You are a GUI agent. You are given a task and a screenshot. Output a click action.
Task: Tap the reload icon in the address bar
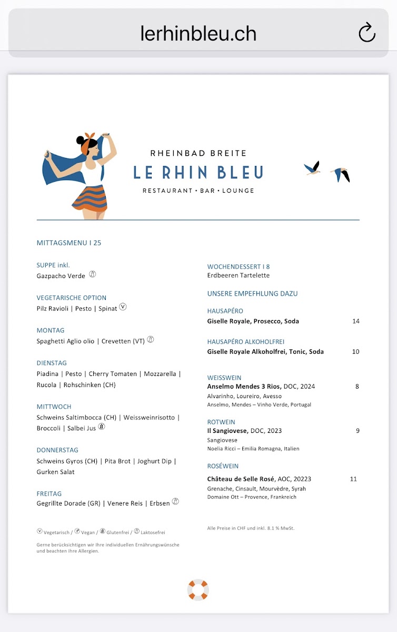(x=366, y=33)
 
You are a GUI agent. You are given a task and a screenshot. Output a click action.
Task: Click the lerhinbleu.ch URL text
(x=198, y=34)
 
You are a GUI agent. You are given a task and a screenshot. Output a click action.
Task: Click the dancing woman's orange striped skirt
(x=90, y=197)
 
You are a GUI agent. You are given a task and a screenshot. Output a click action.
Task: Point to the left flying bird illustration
(x=313, y=169)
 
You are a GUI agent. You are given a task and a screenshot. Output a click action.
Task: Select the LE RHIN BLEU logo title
(x=198, y=172)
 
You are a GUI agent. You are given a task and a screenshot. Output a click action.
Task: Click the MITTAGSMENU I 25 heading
(x=69, y=243)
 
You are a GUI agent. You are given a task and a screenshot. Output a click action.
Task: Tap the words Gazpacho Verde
(x=61, y=276)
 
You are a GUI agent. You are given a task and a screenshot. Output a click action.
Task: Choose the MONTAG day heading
(x=51, y=330)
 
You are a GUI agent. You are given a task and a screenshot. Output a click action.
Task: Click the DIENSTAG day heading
(x=52, y=363)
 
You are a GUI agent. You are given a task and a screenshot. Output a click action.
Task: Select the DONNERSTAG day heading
(x=57, y=450)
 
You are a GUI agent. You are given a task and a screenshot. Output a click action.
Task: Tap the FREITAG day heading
(x=49, y=493)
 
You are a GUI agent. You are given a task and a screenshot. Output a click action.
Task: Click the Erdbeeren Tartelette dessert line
(x=239, y=275)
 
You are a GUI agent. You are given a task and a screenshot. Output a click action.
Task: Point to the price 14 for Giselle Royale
(x=356, y=321)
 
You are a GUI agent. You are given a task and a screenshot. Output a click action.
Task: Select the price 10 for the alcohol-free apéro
(x=356, y=352)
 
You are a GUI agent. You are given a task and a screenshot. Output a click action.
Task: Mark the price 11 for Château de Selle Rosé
(x=353, y=479)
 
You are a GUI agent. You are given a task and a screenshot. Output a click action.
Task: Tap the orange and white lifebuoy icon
(x=198, y=590)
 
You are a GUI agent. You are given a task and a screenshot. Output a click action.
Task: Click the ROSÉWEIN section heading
(x=223, y=466)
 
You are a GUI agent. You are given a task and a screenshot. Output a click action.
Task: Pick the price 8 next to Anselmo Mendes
(x=357, y=387)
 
